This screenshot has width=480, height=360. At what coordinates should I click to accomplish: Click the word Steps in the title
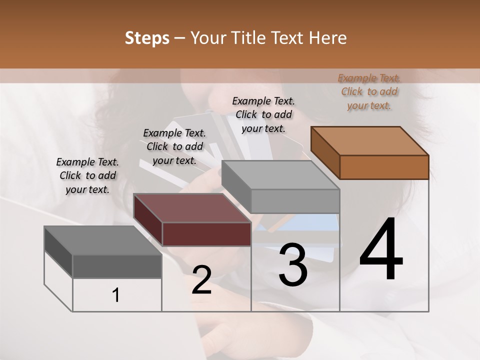point(147,38)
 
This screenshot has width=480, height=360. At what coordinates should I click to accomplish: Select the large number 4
point(381,249)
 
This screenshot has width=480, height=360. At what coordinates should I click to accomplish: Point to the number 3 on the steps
point(292,265)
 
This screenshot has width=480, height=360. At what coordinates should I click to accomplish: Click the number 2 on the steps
point(201,280)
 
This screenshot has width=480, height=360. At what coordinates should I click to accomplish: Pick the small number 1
point(116,295)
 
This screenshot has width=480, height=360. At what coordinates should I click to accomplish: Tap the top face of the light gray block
point(280,175)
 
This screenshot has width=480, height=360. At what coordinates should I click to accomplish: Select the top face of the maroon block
point(192,208)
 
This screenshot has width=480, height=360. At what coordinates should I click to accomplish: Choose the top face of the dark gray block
point(103,240)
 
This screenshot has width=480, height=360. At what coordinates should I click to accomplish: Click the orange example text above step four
point(369,92)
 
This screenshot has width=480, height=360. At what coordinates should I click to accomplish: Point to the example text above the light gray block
point(263,114)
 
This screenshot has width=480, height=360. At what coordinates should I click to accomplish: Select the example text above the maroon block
point(174,146)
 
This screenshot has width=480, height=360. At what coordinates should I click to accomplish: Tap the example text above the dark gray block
point(87,175)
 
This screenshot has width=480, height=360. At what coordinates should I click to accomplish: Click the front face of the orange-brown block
point(384,167)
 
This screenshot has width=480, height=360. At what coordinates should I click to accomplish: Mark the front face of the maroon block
point(206,234)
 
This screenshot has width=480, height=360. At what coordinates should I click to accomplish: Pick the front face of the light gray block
point(295,201)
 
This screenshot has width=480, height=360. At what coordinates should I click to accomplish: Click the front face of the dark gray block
point(117,266)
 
